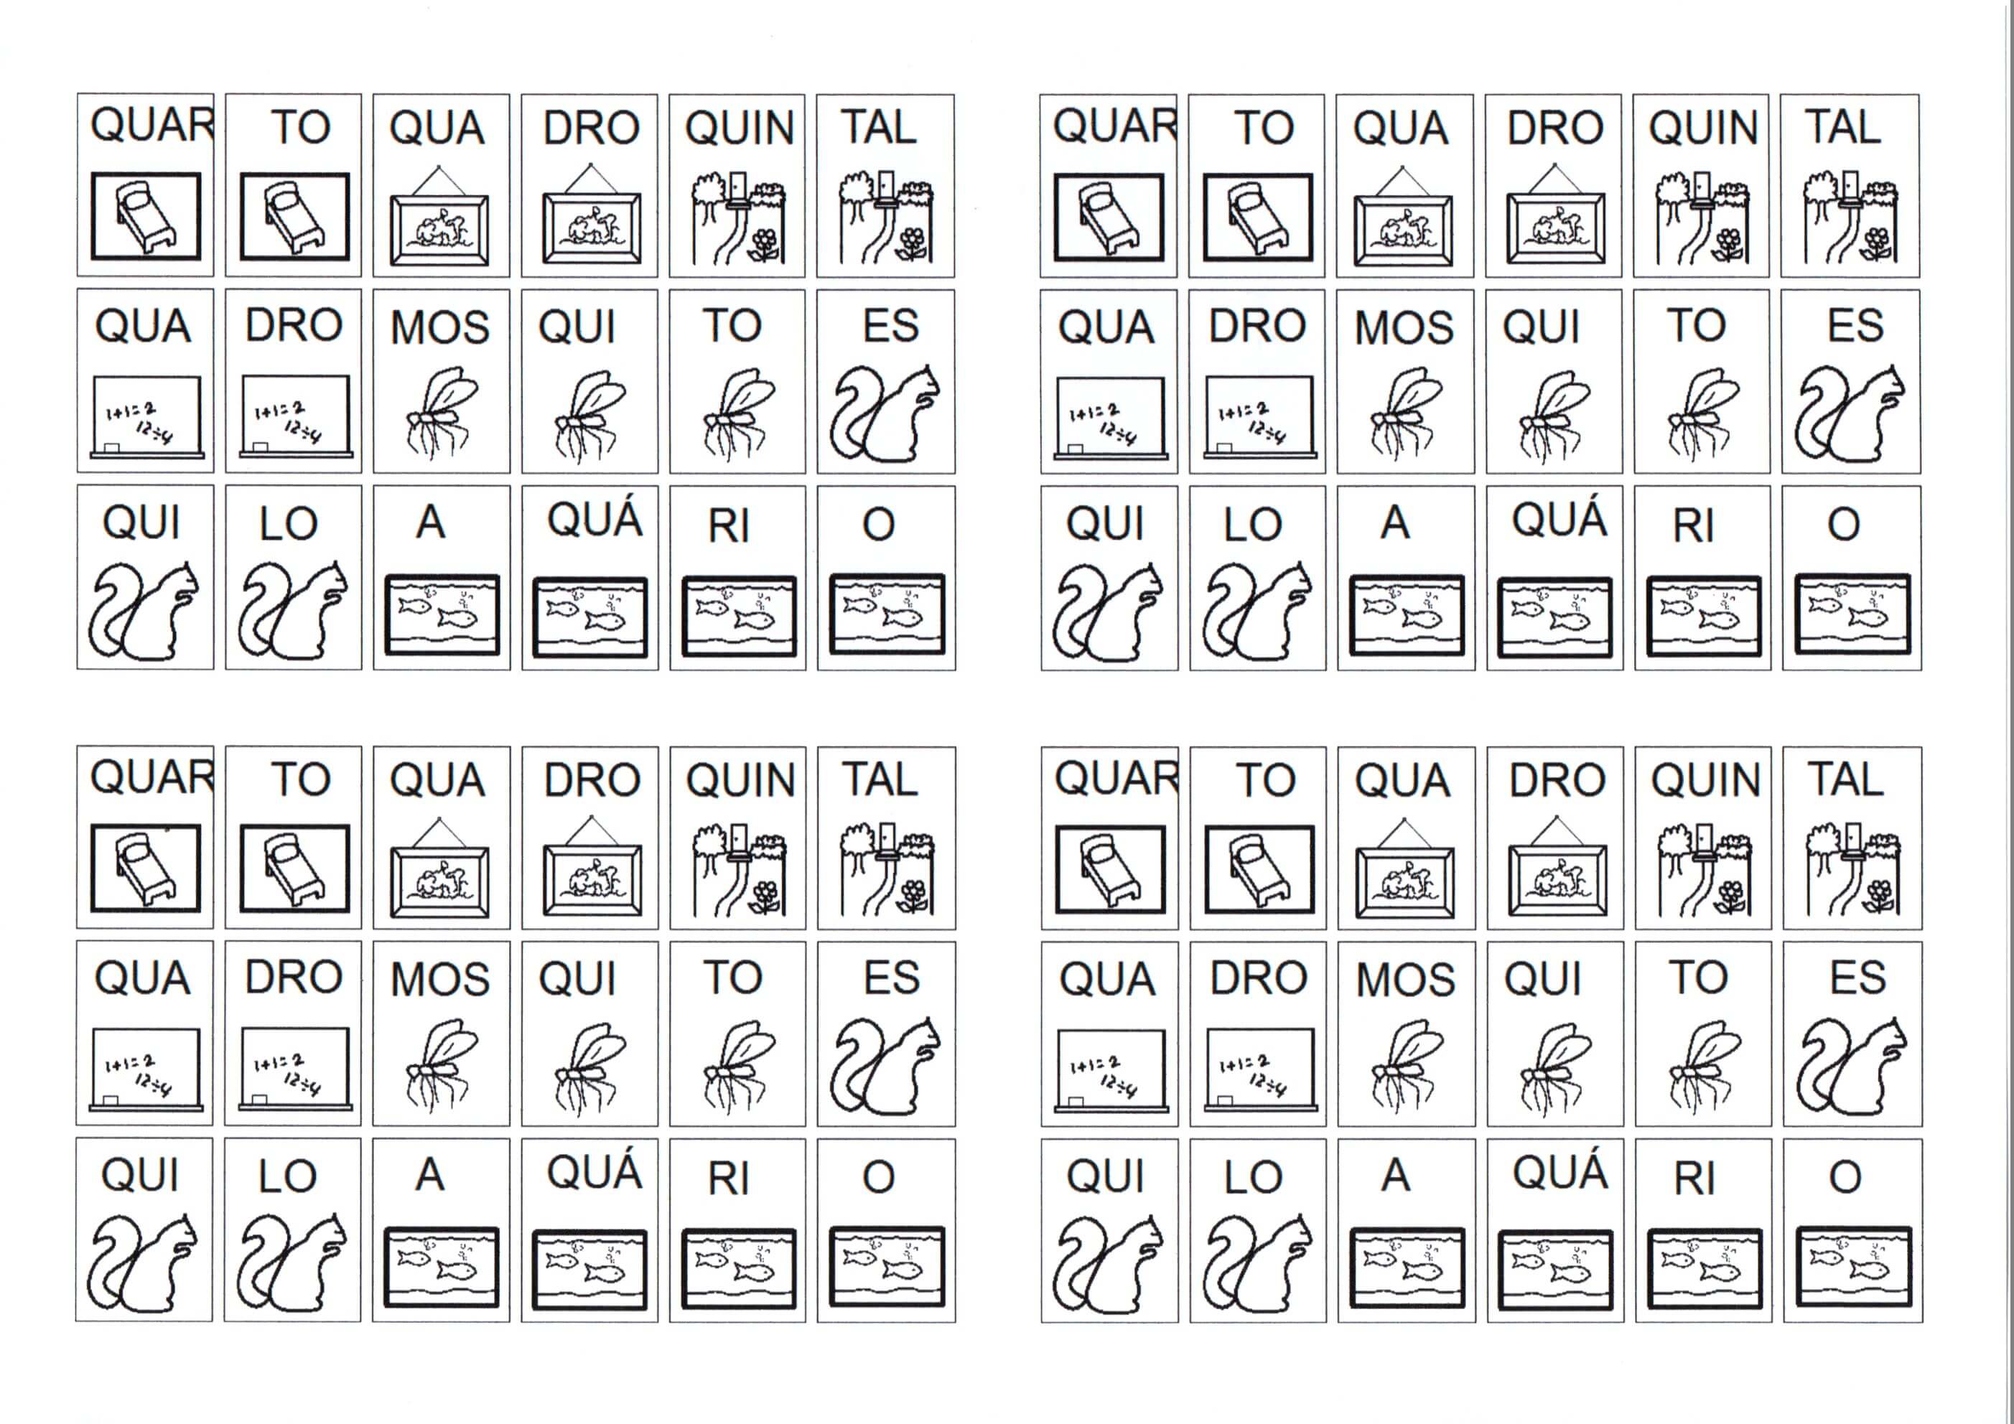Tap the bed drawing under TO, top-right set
pos(1257,217)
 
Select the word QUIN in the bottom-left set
pos(740,780)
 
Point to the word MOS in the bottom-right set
pos(1405,980)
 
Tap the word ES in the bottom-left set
pos(891,978)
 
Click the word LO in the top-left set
pos(289,525)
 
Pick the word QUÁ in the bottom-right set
pos(1560,1171)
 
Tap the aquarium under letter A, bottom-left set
pos(442,1265)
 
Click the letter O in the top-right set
pos(1844,525)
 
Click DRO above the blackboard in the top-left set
pos(293,325)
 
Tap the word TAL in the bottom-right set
pos(1845,779)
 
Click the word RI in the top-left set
pos(728,526)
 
